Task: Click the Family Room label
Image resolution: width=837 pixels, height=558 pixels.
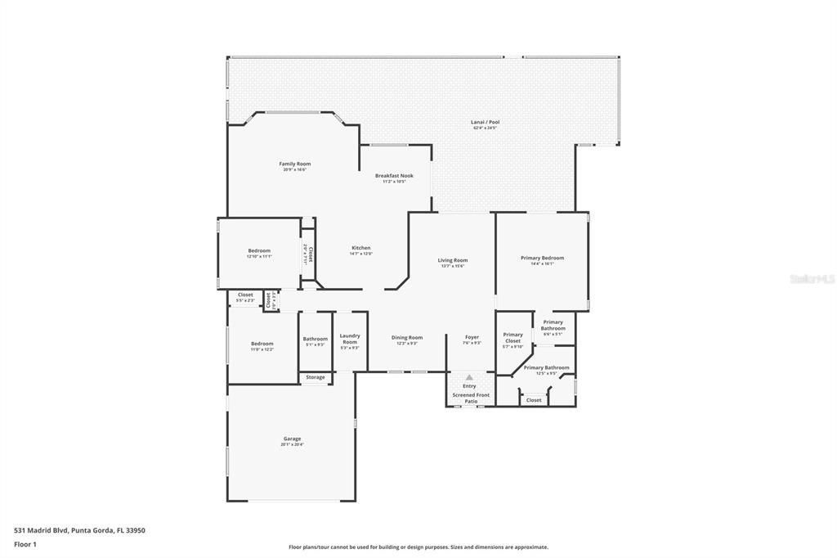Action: (295, 164)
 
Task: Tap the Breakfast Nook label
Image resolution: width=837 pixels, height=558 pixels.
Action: (394, 176)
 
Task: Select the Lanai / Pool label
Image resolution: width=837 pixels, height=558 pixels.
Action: (485, 122)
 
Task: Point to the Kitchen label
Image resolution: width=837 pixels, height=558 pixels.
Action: (361, 248)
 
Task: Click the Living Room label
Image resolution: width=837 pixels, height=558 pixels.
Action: (452, 260)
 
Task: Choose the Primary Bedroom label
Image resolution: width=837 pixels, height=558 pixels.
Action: (542, 258)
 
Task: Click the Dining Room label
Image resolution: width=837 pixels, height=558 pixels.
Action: (407, 337)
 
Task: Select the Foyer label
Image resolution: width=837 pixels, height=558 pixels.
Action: (472, 337)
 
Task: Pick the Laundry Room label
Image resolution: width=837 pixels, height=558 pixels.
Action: (350, 339)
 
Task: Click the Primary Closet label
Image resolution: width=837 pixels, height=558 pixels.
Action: (512, 337)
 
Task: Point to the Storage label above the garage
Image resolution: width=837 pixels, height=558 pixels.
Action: (316, 377)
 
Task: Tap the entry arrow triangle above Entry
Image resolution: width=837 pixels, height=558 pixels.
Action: (469, 378)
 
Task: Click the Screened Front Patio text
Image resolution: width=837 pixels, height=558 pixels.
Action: (471, 398)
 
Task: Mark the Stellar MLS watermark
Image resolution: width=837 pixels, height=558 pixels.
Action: (812, 279)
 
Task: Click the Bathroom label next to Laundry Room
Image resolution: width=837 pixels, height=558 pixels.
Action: (315, 339)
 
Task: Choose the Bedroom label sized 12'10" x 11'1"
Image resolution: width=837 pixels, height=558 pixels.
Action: (259, 250)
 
